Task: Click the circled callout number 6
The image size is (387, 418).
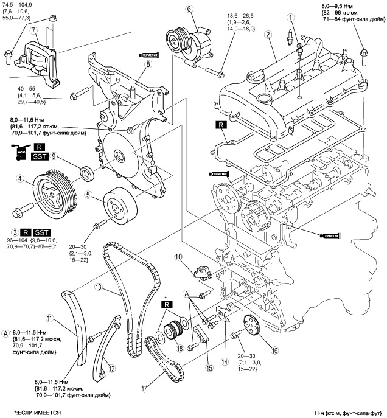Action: (x=189, y=9)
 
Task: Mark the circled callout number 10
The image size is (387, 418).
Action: (x=179, y=256)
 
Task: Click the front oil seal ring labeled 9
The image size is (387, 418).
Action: (x=88, y=173)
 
